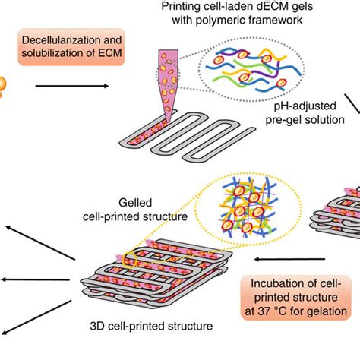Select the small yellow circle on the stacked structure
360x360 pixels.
(x=138, y=257)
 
